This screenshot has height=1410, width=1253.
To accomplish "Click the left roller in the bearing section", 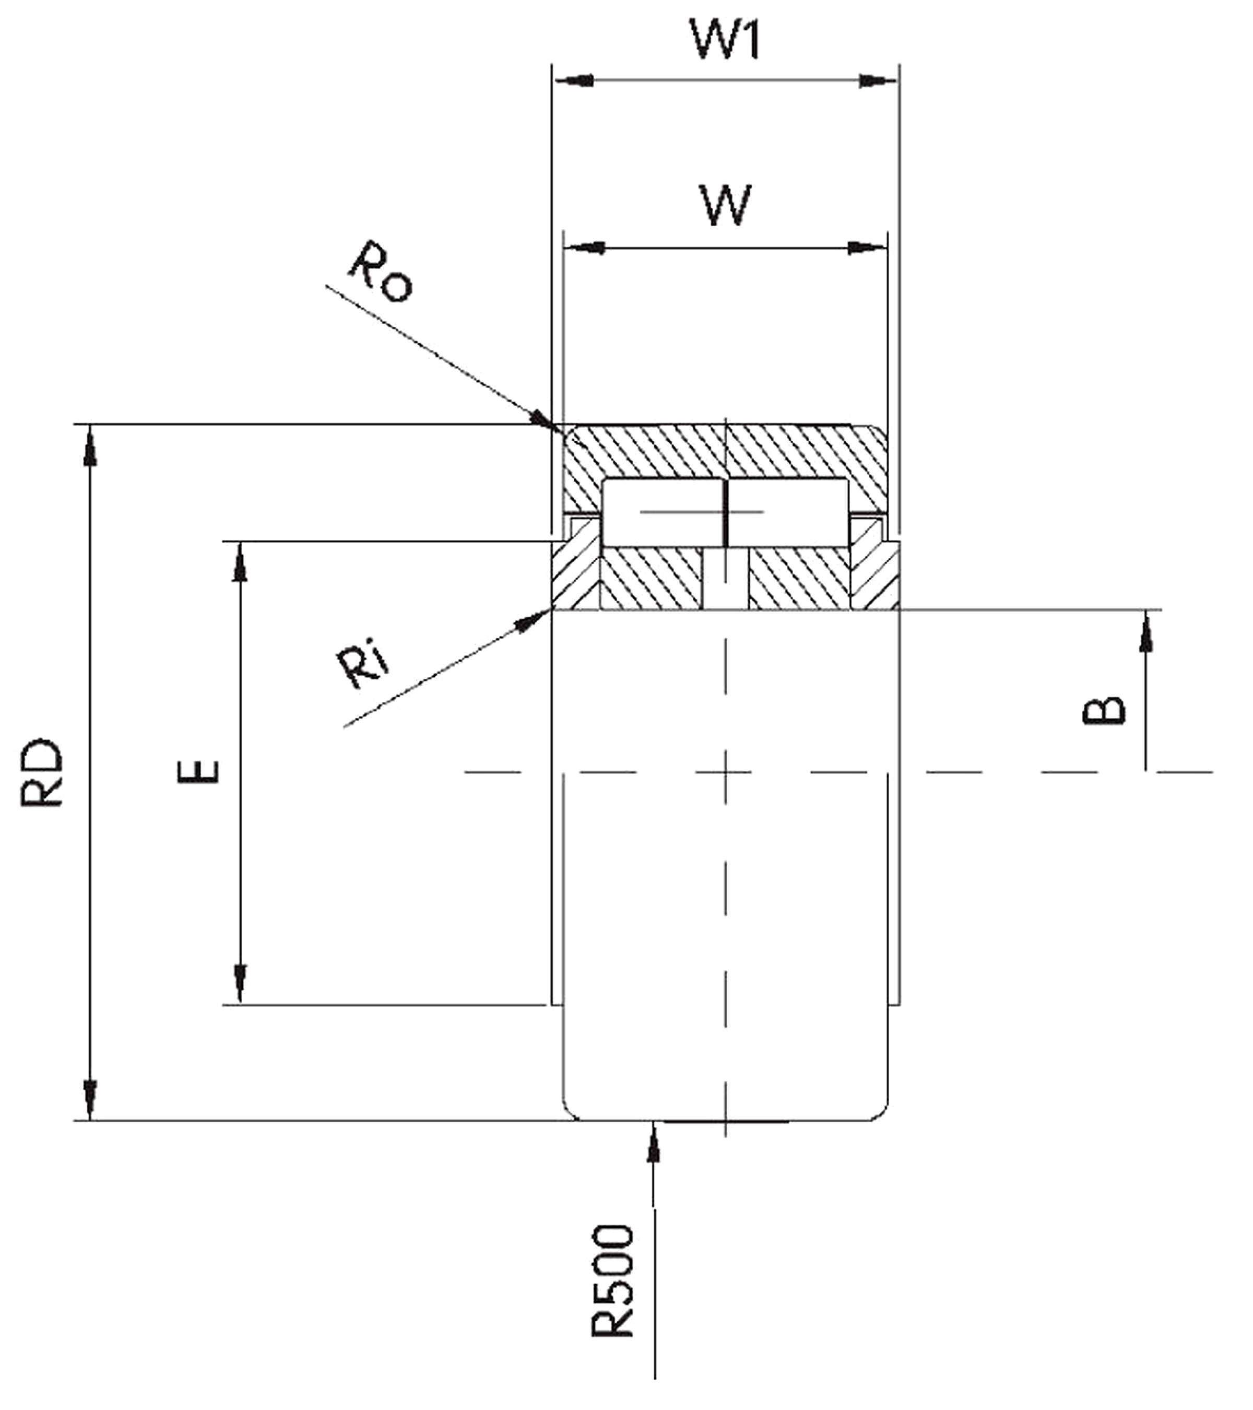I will [x=661, y=512].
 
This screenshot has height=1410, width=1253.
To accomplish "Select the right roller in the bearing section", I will [x=788, y=512].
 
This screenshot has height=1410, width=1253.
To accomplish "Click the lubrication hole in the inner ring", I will [x=726, y=580].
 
